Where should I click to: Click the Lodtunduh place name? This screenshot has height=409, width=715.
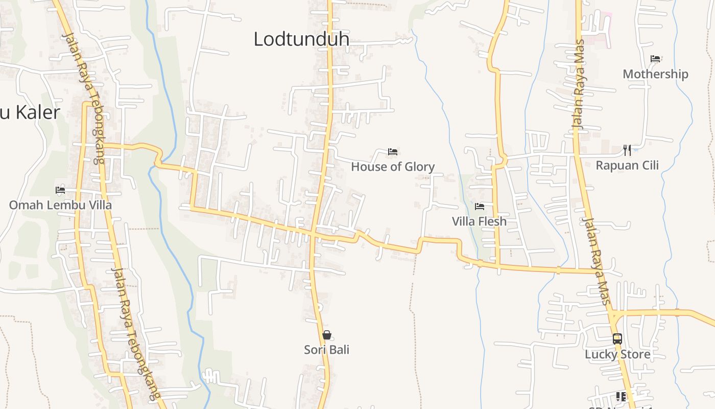point(301,39)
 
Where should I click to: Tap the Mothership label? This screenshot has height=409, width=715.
point(655,74)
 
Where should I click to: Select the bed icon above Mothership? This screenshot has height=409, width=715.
point(655,59)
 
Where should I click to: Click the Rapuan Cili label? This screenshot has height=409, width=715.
point(627,166)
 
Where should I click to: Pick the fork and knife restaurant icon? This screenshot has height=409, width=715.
point(627,150)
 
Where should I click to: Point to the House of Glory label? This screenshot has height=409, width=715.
point(393,167)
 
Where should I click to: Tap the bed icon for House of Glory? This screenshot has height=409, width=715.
point(393,151)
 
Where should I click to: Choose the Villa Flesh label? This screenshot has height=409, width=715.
point(479,221)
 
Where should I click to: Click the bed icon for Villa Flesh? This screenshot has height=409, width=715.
point(479,207)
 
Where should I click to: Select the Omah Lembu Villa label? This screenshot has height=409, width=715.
point(60,206)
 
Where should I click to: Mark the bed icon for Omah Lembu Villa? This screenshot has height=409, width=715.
point(60,190)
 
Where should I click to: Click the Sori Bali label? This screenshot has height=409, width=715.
point(327,350)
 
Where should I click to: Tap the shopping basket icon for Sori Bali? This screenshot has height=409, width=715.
point(327,335)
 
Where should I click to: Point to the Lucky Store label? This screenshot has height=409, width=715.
point(617,354)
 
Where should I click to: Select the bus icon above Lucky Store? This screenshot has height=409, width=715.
point(617,339)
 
